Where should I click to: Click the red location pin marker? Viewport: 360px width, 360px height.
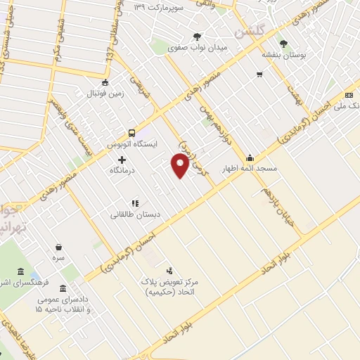pyautogui.click(x=181, y=166)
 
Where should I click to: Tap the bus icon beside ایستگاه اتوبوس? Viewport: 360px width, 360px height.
pyautogui.click(x=131, y=133)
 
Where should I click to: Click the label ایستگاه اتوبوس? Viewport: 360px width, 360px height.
pyautogui.click(x=131, y=144)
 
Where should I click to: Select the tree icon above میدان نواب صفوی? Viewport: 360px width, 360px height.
pyautogui.click(x=198, y=37)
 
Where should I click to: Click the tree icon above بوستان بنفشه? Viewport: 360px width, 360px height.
pyautogui.click(x=283, y=43)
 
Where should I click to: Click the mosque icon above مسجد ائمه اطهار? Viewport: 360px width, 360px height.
pyautogui.click(x=250, y=157)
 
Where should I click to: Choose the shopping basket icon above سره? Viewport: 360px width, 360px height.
pyautogui.click(x=58, y=246)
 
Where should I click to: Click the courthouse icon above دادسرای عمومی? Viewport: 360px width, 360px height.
pyautogui.click(x=64, y=289)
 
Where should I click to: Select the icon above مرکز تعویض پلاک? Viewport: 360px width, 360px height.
pyautogui.click(x=169, y=270)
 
